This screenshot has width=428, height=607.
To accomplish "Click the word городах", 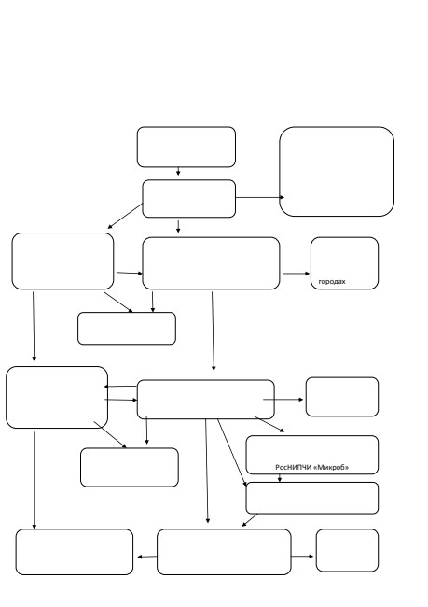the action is (x=332, y=282).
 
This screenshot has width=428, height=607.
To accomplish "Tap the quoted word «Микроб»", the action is (x=331, y=467).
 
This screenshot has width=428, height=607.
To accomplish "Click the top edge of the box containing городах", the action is (x=344, y=238).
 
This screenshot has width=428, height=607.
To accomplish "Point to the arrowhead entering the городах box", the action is (x=307, y=274).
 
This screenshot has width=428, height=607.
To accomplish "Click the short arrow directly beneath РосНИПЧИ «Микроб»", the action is (x=280, y=478).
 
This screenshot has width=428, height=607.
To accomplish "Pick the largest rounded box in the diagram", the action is (x=337, y=171).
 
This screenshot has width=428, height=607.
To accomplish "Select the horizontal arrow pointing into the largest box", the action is (x=260, y=197).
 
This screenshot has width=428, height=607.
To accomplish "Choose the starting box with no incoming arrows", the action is (x=186, y=147).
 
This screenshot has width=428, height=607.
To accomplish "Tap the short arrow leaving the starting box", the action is (x=178, y=171).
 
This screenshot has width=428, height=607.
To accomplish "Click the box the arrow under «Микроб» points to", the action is (x=312, y=498).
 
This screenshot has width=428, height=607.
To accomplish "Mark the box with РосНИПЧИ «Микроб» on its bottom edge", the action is (x=312, y=455).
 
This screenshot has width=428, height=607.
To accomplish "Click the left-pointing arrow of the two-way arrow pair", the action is (x=120, y=387).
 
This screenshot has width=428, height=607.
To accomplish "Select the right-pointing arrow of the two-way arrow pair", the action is (x=120, y=400).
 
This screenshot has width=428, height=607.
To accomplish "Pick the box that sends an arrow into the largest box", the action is (x=189, y=199).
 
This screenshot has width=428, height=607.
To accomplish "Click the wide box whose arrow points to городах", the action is (x=211, y=263).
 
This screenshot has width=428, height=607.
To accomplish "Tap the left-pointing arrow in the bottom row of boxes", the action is (x=147, y=557).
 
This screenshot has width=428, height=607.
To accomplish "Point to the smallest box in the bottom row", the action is (x=347, y=550).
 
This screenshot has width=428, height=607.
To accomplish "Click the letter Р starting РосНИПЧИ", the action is (x=277, y=467).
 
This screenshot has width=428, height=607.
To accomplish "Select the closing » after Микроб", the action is (x=347, y=467).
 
